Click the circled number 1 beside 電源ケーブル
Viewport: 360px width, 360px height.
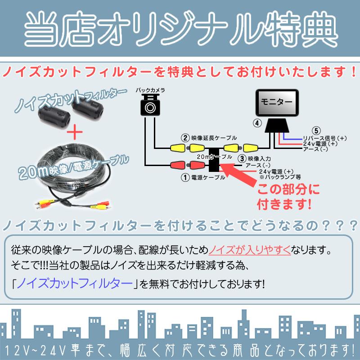click(184, 177)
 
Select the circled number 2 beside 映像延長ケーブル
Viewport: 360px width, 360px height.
click(184, 138)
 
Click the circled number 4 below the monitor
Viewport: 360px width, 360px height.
click(256, 122)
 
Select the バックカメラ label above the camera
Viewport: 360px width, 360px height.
click(150, 90)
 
